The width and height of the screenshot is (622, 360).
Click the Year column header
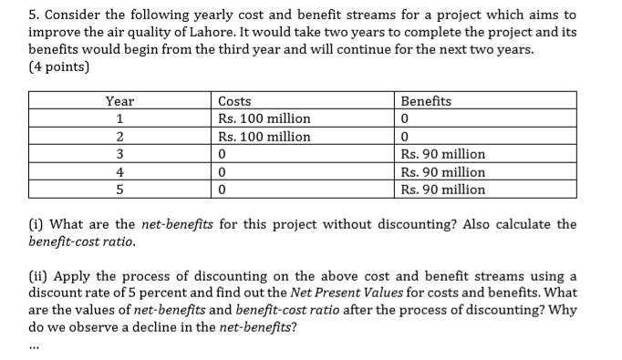tap(119, 101)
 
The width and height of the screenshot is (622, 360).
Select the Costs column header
tap(235, 101)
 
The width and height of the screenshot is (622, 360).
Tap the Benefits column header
tap(426, 101)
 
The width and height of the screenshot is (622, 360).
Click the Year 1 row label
tap(119, 118)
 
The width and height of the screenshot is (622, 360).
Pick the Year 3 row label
tap(119, 154)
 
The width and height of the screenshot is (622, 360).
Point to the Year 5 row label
tap(119, 190)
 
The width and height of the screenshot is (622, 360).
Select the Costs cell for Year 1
tap(264, 118)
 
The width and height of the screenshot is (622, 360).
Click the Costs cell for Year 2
tap(264, 137)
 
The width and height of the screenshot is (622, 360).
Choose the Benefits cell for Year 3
tap(442, 154)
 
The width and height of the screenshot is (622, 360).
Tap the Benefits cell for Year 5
tap(442, 190)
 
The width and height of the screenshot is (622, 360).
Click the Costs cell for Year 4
tap(223, 172)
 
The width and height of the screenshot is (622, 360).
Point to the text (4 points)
tap(60, 67)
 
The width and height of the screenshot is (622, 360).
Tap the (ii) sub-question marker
tap(38, 276)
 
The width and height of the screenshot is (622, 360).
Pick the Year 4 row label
tap(119, 172)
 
